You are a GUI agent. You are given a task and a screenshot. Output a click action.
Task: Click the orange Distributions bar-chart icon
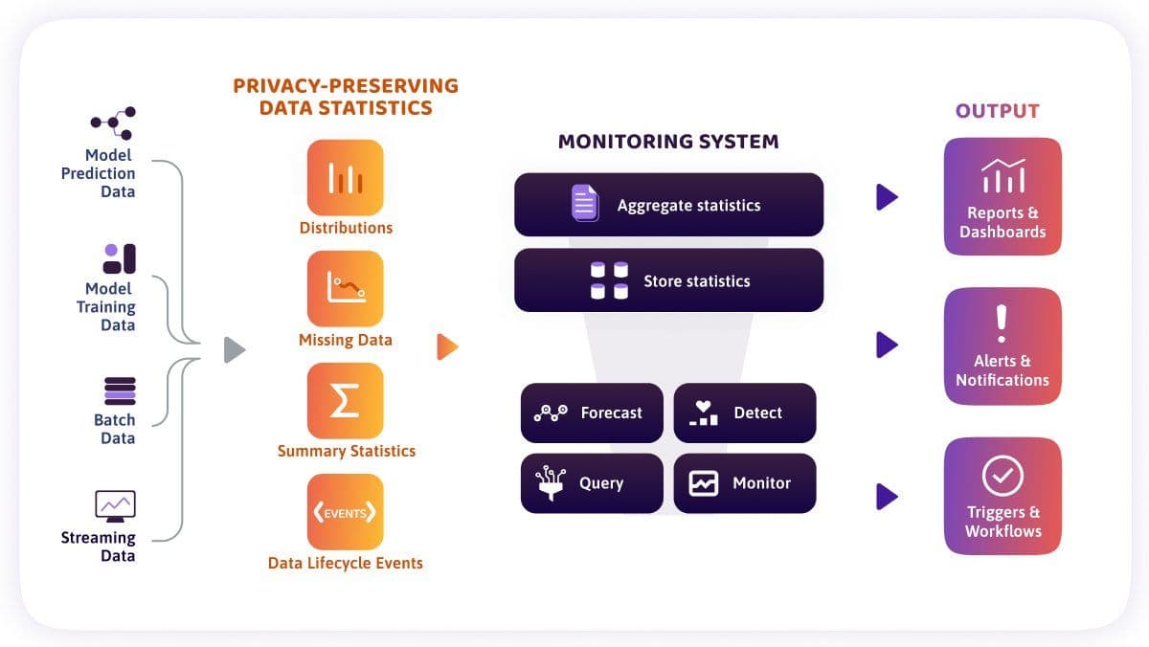(346, 178)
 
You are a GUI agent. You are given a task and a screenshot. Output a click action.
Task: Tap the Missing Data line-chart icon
(346, 289)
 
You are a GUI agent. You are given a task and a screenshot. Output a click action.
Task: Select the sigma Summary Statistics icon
(346, 401)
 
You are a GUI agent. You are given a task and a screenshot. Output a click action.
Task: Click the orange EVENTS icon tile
(346, 512)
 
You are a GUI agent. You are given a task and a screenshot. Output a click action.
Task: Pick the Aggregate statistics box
(669, 205)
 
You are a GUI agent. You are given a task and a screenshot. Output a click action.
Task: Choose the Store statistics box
(669, 280)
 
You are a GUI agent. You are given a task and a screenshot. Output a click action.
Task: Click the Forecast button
(592, 413)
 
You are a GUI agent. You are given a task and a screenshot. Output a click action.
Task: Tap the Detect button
(745, 413)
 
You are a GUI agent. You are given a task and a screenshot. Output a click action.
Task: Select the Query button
(592, 483)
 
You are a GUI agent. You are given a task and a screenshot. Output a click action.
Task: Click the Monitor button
(745, 483)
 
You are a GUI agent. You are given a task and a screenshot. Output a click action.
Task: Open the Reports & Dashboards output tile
(1003, 196)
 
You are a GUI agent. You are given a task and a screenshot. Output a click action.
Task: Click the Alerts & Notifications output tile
(1003, 346)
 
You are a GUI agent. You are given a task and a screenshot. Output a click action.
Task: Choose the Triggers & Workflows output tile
(1003, 496)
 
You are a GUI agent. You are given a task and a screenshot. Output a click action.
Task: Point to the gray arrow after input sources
(234, 350)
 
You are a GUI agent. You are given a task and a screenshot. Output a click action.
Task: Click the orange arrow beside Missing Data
(447, 347)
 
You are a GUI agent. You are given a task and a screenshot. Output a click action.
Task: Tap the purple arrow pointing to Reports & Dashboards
(887, 197)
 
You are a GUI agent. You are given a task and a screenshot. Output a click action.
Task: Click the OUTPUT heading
(998, 111)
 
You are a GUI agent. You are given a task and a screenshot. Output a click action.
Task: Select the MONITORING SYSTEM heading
(668, 142)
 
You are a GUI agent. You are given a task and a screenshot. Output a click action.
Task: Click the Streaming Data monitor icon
(116, 506)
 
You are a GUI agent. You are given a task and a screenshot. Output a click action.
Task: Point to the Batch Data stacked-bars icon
(120, 391)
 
